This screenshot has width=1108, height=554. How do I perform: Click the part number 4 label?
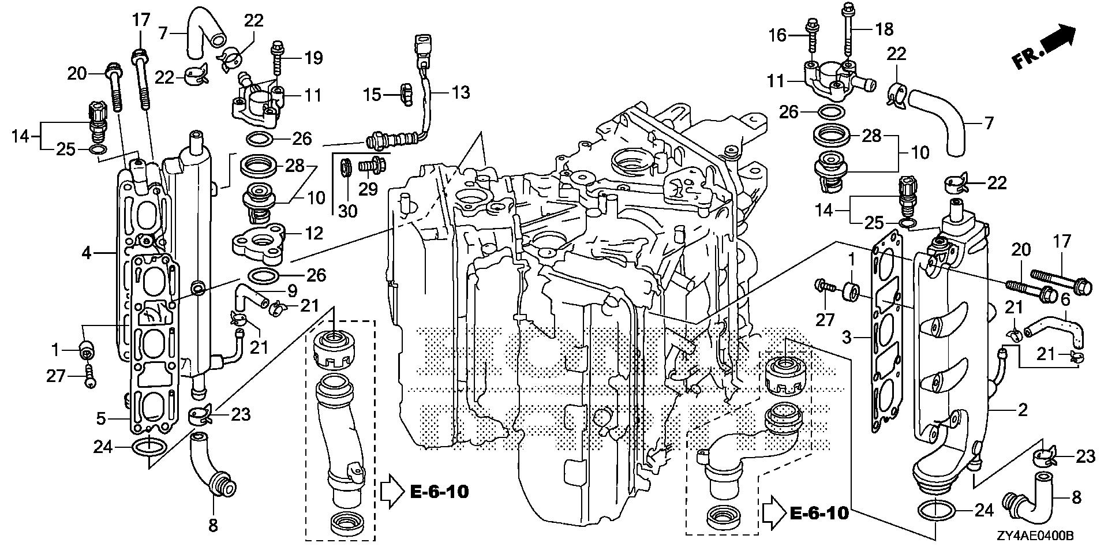tap(87, 253)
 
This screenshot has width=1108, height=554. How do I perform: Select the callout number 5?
tap(101, 418)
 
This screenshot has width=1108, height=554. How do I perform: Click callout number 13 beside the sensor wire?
tap(461, 92)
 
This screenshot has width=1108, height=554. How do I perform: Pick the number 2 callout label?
tap(1023, 411)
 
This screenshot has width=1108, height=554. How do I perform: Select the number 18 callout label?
tap(884, 29)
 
